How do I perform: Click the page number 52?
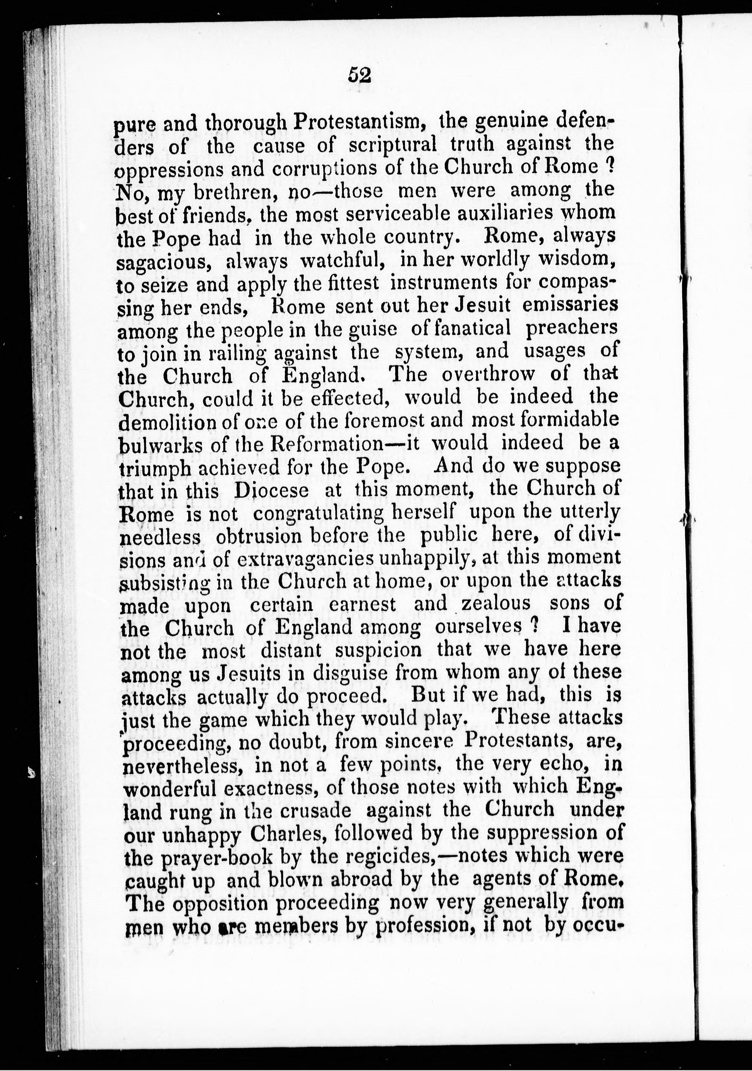(359, 75)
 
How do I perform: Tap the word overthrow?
(490, 375)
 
